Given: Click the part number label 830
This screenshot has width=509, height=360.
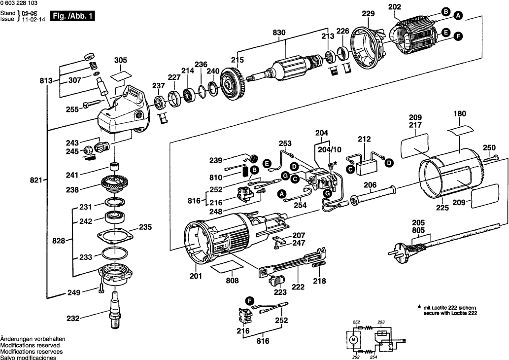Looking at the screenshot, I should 279,33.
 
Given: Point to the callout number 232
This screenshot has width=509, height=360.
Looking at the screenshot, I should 72,319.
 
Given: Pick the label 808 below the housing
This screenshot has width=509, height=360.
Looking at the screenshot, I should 232,281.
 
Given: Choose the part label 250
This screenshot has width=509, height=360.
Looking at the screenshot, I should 489,147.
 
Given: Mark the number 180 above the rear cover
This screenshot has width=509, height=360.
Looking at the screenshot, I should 459,114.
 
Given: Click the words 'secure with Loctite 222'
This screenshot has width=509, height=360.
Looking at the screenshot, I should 450,313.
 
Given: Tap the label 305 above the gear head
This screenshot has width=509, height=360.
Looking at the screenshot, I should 121,60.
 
